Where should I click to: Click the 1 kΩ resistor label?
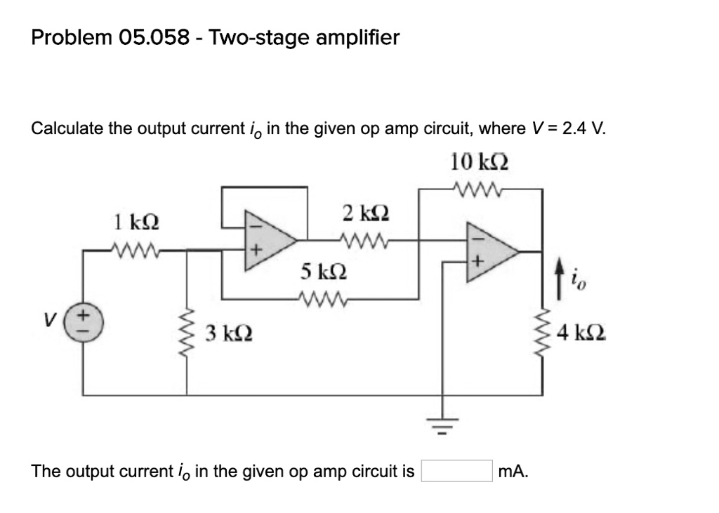136,224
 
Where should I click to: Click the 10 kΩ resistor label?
480,163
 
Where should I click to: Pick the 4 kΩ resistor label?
581,333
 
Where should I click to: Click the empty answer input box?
456,471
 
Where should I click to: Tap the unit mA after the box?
513,471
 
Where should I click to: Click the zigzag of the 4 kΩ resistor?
542,333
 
